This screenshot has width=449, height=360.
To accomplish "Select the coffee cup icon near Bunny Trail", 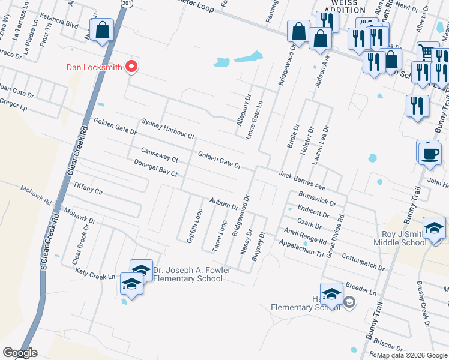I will (x=429, y=152).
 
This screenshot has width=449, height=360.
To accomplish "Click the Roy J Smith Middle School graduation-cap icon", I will (x=434, y=227).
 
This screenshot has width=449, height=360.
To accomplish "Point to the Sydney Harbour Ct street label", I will (x=168, y=128).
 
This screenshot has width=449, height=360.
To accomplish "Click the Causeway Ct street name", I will (x=160, y=155).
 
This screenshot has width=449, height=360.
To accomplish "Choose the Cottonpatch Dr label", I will (x=363, y=261).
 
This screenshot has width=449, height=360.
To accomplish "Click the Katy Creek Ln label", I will (x=95, y=273).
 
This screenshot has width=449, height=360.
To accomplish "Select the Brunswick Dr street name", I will (x=321, y=199).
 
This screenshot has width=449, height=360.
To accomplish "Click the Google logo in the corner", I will (x=19, y=353).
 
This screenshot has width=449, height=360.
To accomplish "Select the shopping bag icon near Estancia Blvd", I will (x=102, y=30).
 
